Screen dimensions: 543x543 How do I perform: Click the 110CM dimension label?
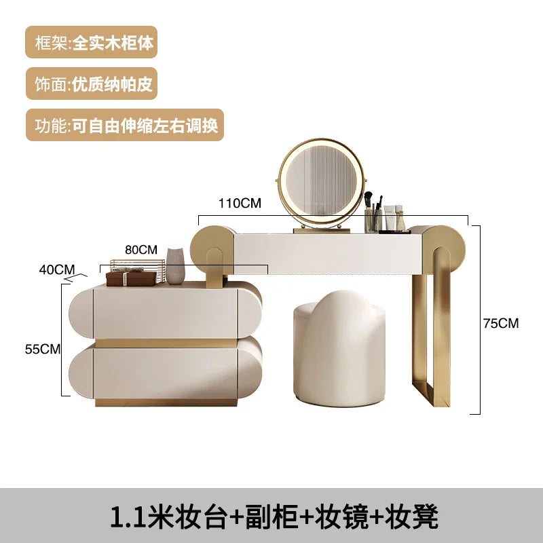pyautogui.click(x=240, y=203)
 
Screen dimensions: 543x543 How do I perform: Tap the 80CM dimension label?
pyautogui.click(x=141, y=250)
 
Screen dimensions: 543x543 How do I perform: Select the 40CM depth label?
pyautogui.click(x=57, y=269)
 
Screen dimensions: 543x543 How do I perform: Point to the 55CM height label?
pyautogui.click(x=43, y=349)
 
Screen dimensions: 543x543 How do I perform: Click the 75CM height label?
pyautogui.click(x=501, y=323)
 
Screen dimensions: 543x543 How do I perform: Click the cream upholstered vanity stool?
pyautogui.click(x=339, y=348)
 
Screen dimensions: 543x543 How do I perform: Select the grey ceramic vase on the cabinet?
pyautogui.click(x=175, y=266)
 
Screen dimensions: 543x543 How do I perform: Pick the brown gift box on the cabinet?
pyautogui.click(x=131, y=278)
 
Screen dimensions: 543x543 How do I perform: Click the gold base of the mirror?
pyautogui.click(x=322, y=230)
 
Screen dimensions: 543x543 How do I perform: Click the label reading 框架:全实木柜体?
pyautogui.click(x=92, y=42)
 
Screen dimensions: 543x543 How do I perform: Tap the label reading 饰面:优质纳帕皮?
pyautogui.click(x=92, y=83)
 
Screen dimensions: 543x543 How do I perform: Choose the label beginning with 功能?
pyautogui.click(x=125, y=125)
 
